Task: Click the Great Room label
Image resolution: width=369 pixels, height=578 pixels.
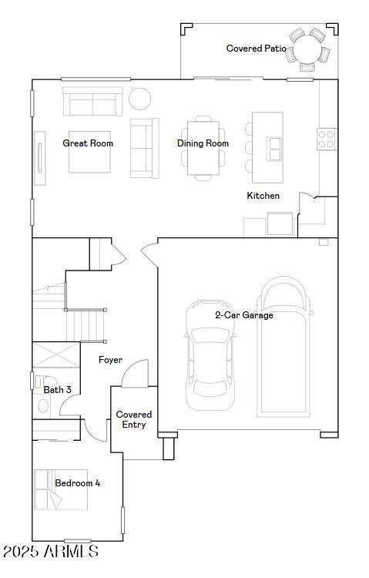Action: coord(88,143)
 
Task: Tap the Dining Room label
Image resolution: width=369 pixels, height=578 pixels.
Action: coord(203,143)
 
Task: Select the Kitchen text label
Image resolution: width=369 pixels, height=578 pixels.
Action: coord(263,196)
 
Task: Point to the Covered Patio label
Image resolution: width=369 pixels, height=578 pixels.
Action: coord(257,49)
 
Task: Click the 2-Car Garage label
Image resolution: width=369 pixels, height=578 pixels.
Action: coord(243,314)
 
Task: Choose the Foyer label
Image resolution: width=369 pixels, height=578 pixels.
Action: coord(110,360)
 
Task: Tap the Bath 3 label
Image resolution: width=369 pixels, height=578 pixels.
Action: coord(57,390)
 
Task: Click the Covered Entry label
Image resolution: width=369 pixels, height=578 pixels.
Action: coord(134,419)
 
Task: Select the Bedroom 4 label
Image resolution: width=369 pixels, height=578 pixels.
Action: coord(77,483)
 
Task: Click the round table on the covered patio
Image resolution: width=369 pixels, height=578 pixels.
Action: coord(308,50)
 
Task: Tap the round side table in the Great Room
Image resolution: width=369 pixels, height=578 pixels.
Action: coord(140,99)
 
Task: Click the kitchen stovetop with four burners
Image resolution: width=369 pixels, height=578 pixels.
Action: coord(327,139)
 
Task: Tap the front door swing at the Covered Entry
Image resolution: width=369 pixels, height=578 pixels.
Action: coord(134,374)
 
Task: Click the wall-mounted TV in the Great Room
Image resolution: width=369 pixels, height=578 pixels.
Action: coord(39,157)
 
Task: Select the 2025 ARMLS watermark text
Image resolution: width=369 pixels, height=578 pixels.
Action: coord(51,553)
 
